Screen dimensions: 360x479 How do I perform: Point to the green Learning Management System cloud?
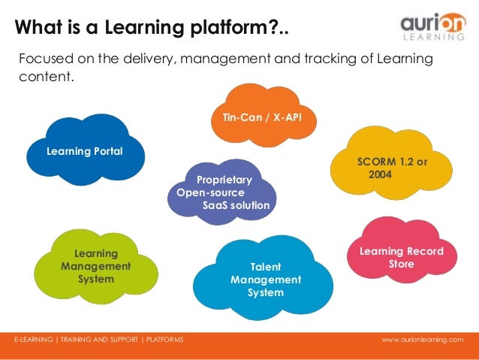pyautogui.click(x=95, y=267)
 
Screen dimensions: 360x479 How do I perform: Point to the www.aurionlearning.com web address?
pyautogui.click(x=423, y=340)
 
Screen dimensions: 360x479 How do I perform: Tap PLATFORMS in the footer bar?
pyautogui.click(x=164, y=340)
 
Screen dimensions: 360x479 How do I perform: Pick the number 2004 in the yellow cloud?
pyautogui.click(x=381, y=174)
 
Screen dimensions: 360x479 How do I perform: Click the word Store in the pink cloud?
pyautogui.click(x=401, y=264)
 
